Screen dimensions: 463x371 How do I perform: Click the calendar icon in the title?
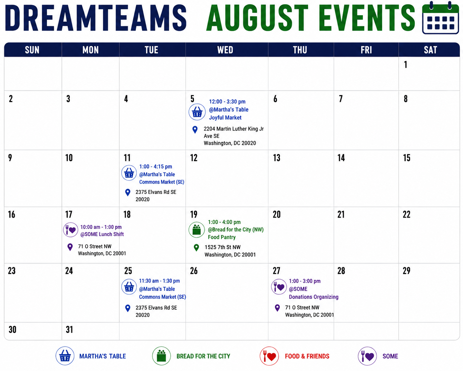click(441, 18)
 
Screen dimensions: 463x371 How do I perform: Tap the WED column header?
click(225, 50)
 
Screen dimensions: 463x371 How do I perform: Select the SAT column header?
click(430, 50)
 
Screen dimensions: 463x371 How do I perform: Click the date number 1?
click(406, 64)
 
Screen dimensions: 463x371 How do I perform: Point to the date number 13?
click(276, 158)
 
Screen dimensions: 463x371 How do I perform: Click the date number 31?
click(69, 330)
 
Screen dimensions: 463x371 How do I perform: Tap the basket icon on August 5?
click(197, 112)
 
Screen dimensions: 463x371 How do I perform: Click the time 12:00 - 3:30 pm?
click(227, 102)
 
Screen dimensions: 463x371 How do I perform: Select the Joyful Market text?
click(225, 118)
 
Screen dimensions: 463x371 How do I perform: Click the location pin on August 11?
click(127, 192)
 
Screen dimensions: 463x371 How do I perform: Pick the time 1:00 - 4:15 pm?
click(156, 167)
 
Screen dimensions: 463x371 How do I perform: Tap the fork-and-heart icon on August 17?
click(71, 230)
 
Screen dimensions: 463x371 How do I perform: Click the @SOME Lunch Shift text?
click(102, 234)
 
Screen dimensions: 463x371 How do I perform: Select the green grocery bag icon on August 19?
click(196, 230)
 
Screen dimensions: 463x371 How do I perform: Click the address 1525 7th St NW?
click(223, 247)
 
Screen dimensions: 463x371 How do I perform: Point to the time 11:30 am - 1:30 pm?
click(159, 281)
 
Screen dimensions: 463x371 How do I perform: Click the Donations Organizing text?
click(313, 297)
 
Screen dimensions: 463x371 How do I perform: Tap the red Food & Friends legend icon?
click(269, 356)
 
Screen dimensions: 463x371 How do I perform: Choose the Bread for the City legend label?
click(203, 356)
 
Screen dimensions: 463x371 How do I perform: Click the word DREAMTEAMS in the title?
click(96, 18)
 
